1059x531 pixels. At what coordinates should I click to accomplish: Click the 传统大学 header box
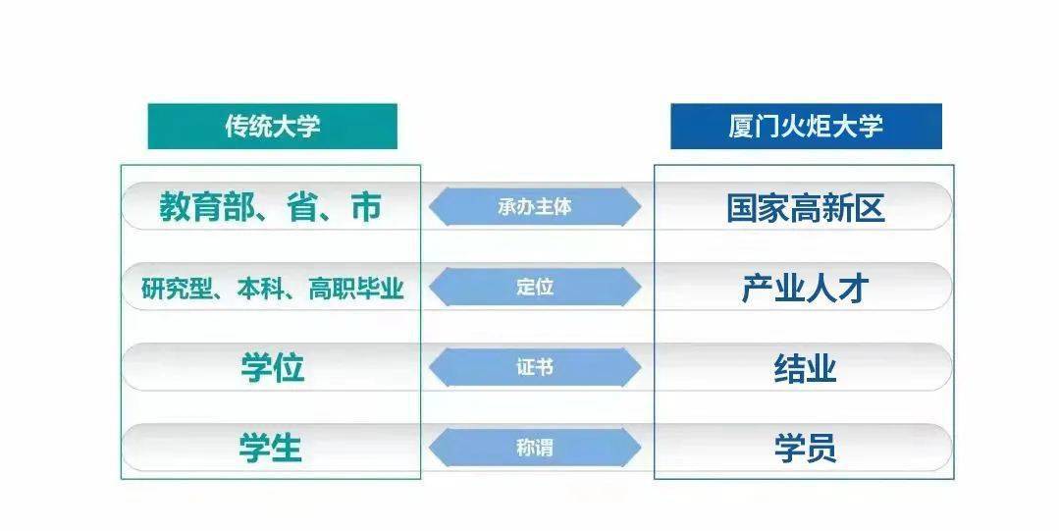click(x=272, y=127)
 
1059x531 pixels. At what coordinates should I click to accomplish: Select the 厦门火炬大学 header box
click(x=806, y=127)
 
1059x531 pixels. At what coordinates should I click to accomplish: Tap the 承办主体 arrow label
click(x=535, y=207)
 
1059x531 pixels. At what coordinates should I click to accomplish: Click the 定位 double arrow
click(x=535, y=288)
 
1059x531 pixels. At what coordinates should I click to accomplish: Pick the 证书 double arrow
click(x=535, y=367)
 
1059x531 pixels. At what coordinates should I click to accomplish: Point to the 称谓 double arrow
click(x=535, y=448)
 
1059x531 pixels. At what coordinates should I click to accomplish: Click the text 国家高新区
click(x=806, y=207)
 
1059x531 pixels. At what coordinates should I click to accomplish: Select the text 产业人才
click(x=805, y=289)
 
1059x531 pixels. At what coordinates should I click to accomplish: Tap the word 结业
click(x=805, y=369)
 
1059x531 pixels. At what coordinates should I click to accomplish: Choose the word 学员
click(x=805, y=449)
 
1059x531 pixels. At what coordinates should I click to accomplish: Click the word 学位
click(x=272, y=368)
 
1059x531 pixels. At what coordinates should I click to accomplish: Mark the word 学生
click(x=270, y=448)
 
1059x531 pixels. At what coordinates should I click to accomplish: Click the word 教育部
click(x=207, y=207)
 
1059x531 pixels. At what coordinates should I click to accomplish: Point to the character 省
click(x=302, y=207)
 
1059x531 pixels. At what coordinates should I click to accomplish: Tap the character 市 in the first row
click(x=366, y=207)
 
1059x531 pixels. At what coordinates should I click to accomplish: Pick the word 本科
click(x=260, y=289)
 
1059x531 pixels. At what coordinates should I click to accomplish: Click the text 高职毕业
click(x=356, y=289)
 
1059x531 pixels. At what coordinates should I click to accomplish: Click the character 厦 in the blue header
click(x=742, y=127)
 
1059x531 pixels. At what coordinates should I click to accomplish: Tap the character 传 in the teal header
click(x=237, y=127)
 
